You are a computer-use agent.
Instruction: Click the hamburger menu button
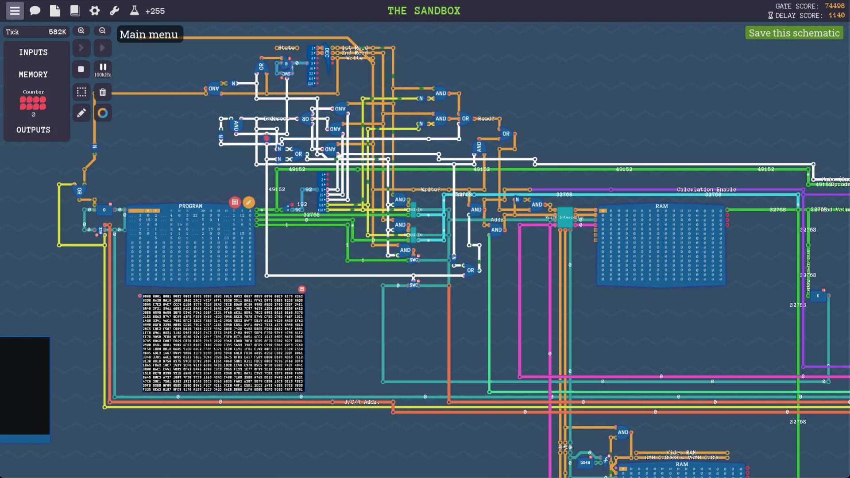15,11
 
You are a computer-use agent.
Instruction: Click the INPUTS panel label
33,52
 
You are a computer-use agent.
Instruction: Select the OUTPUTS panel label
33,130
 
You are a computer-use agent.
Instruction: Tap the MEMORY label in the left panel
33,74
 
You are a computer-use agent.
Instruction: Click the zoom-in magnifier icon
81,31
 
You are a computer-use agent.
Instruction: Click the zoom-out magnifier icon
102,31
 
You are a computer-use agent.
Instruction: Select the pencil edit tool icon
81,113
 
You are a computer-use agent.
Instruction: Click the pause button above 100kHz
103,67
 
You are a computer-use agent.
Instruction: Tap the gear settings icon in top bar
94,11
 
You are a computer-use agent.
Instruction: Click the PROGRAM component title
190,206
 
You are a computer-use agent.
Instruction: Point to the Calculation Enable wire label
706,189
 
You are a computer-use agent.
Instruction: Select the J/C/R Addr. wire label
361,402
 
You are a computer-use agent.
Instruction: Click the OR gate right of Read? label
506,134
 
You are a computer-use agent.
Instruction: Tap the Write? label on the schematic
430,189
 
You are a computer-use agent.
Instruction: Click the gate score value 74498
835,6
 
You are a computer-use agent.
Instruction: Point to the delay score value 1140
836,15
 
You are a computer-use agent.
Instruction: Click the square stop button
81,69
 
